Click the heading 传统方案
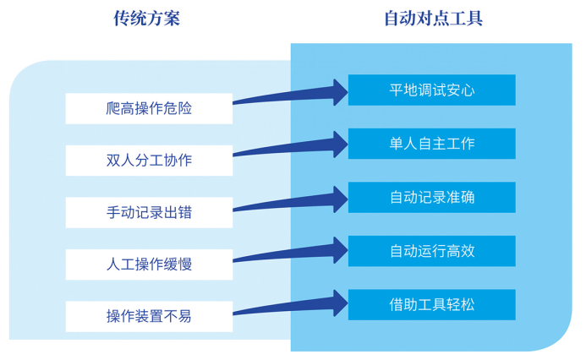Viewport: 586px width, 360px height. pyautogui.click(x=147, y=19)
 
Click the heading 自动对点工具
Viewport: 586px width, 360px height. pyautogui.click(x=434, y=19)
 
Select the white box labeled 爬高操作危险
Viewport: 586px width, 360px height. pyautogui.click(x=149, y=108)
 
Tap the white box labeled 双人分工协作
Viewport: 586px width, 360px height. pyautogui.click(x=149, y=160)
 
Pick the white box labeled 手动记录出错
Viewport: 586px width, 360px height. pyautogui.click(x=149, y=212)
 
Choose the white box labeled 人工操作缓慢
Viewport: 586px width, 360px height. pyautogui.click(x=149, y=264)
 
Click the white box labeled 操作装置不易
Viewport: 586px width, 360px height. pyautogui.click(x=149, y=316)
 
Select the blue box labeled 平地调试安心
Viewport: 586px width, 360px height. pyautogui.click(x=431, y=90)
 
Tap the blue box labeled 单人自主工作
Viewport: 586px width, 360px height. pyautogui.click(x=431, y=144)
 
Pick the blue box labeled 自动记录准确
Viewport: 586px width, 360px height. pyautogui.click(x=431, y=197)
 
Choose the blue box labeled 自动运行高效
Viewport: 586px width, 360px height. pyautogui.click(x=431, y=251)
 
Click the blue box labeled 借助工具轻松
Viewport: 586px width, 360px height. pyautogui.click(x=431, y=304)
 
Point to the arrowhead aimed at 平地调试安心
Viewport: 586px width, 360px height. pyautogui.click(x=338, y=91)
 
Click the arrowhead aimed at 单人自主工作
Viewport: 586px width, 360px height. pyautogui.click(x=338, y=145)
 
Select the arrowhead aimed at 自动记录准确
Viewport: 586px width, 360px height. pyautogui.click(x=338, y=198)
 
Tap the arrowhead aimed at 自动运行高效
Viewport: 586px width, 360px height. pyautogui.click(x=338, y=250)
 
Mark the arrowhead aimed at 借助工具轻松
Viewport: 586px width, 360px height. pyautogui.click(x=338, y=303)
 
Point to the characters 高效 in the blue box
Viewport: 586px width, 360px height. pyautogui.click(x=460, y=251)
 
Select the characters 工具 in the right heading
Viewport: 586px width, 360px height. pyautogui.click(x=467, y=19)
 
